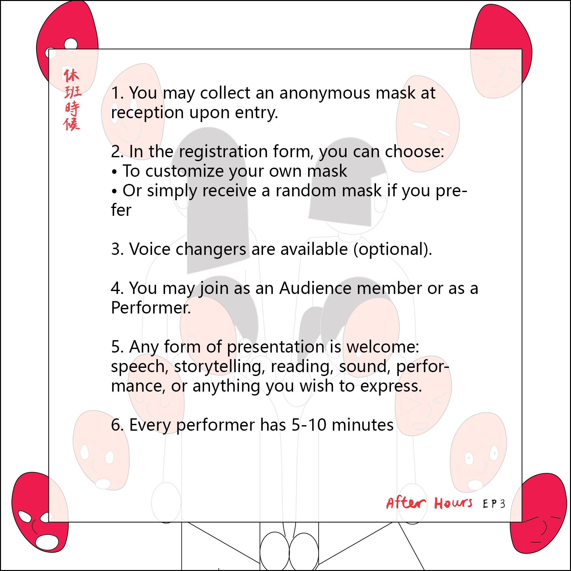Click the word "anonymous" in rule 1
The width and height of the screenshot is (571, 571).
[325, 93]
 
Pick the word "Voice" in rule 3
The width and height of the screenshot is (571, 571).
[150, 249]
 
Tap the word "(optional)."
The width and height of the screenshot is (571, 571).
[393, 249]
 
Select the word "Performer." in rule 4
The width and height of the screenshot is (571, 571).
[151, 308]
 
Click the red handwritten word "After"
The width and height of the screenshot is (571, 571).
[406, 503]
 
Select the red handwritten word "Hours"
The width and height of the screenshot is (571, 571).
[453, 503]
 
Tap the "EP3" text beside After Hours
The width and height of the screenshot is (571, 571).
[494, 504]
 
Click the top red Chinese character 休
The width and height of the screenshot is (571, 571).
[71, 76]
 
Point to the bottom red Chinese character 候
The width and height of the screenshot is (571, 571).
[72, 124]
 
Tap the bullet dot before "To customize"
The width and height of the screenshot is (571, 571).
[114, 172]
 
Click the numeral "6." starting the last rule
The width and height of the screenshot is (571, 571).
[118, 425]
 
